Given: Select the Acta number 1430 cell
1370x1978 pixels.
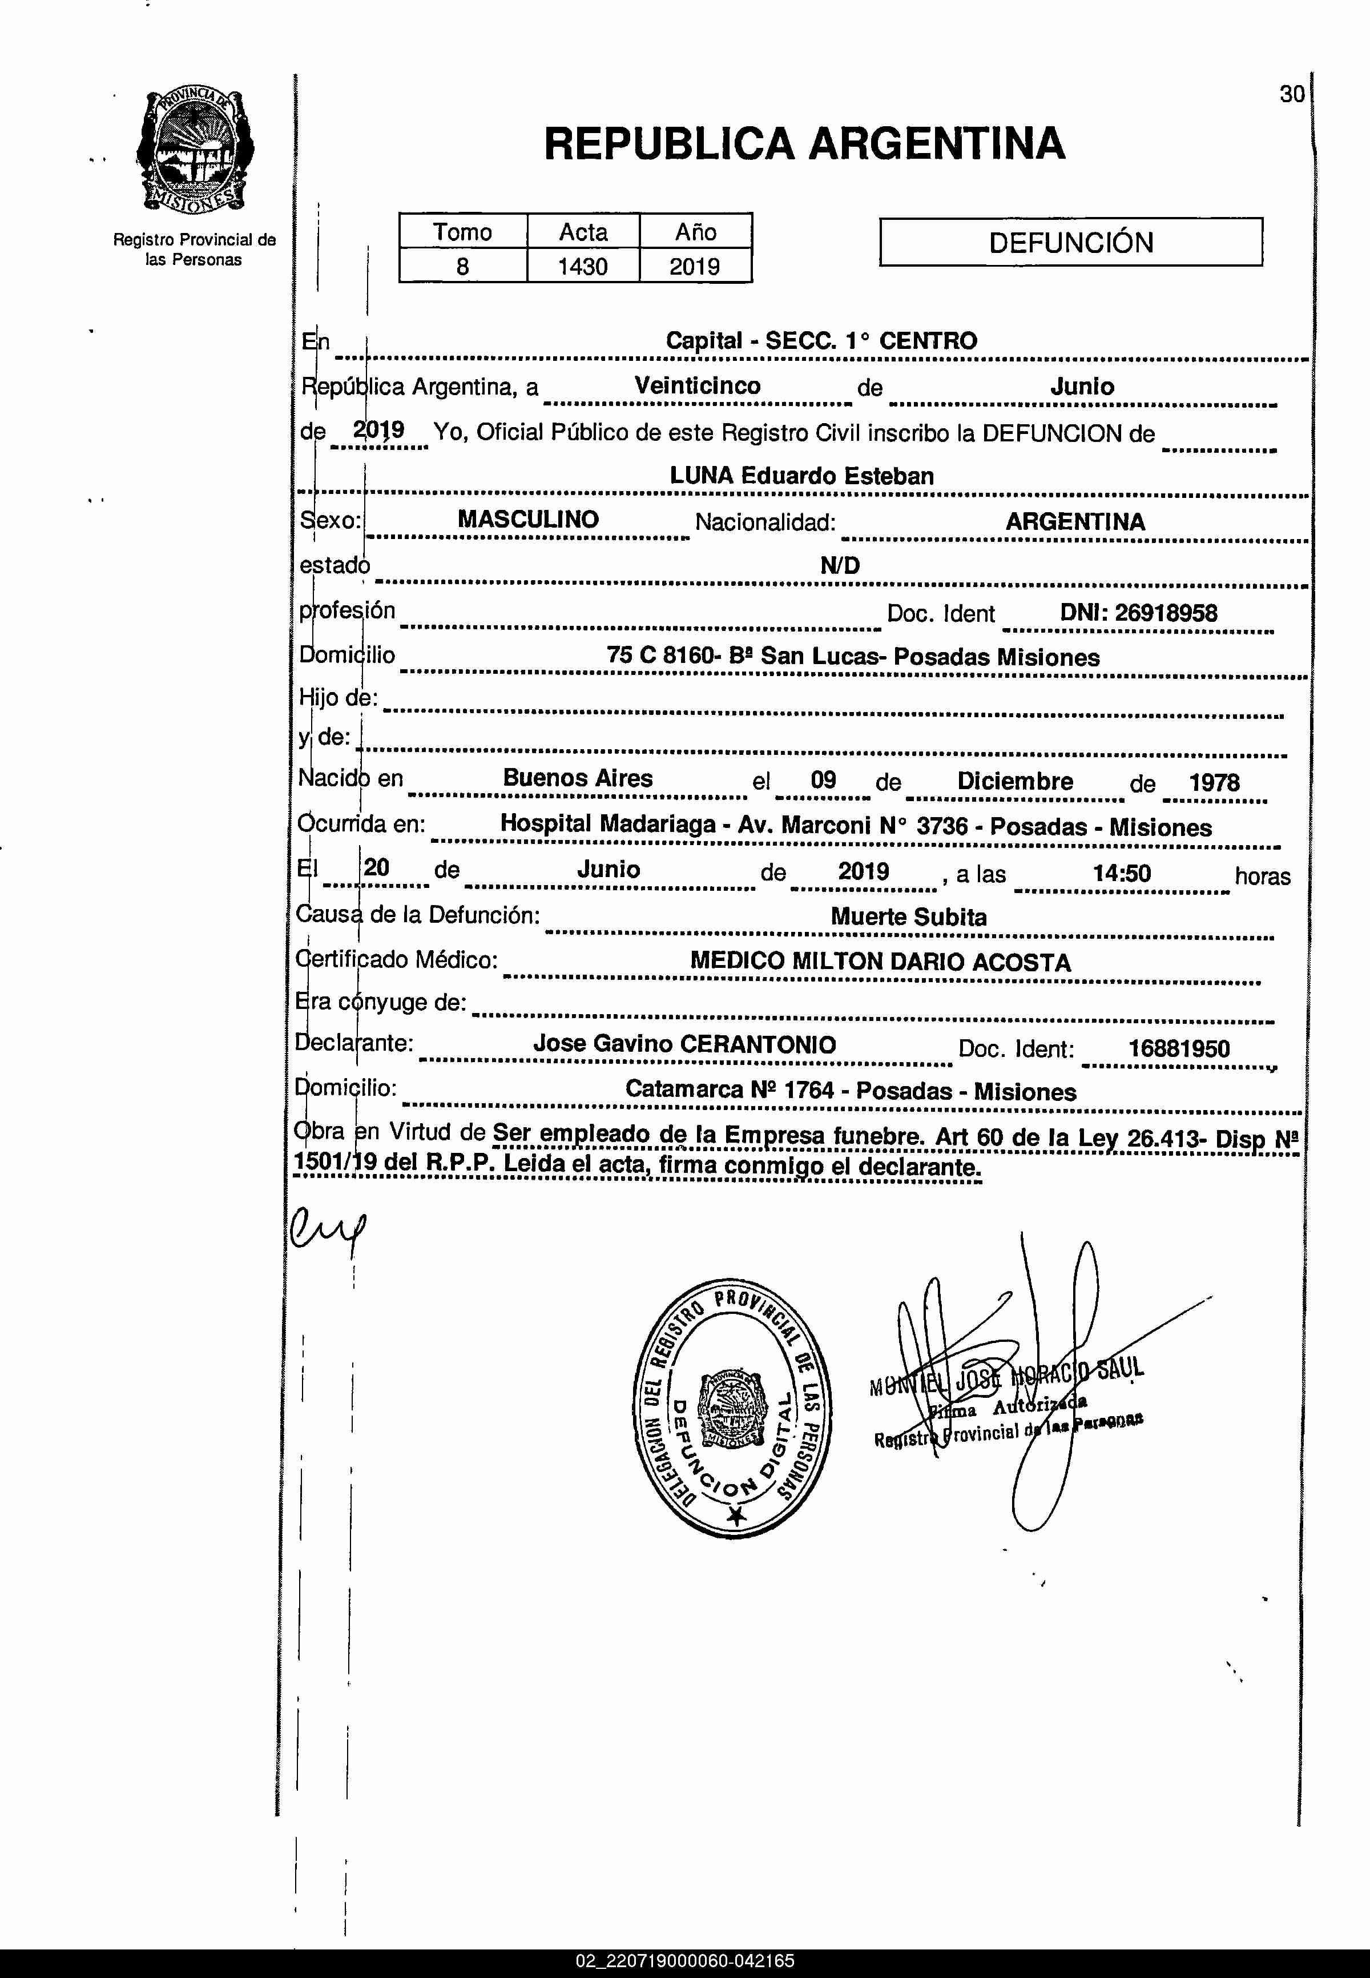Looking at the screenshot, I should pos(582,266).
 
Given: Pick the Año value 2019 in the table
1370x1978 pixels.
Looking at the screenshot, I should pos(695,266).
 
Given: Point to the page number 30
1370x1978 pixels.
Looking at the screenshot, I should pos(1291,94).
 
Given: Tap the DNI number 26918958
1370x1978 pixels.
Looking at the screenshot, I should pos(1138,613).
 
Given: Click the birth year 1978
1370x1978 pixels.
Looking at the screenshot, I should pos(1214,782).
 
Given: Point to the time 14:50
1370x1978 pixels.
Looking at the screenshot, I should pos(1121,874).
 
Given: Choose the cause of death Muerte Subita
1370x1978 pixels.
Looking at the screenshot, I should pos(908,917).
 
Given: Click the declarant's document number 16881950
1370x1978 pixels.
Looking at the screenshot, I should pos(1179,1048).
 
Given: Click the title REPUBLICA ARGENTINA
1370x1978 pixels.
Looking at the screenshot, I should pos(804,143).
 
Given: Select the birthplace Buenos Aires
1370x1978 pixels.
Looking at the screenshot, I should pos(578,778).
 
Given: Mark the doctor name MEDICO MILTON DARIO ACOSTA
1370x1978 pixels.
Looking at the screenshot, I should pos(880,962).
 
